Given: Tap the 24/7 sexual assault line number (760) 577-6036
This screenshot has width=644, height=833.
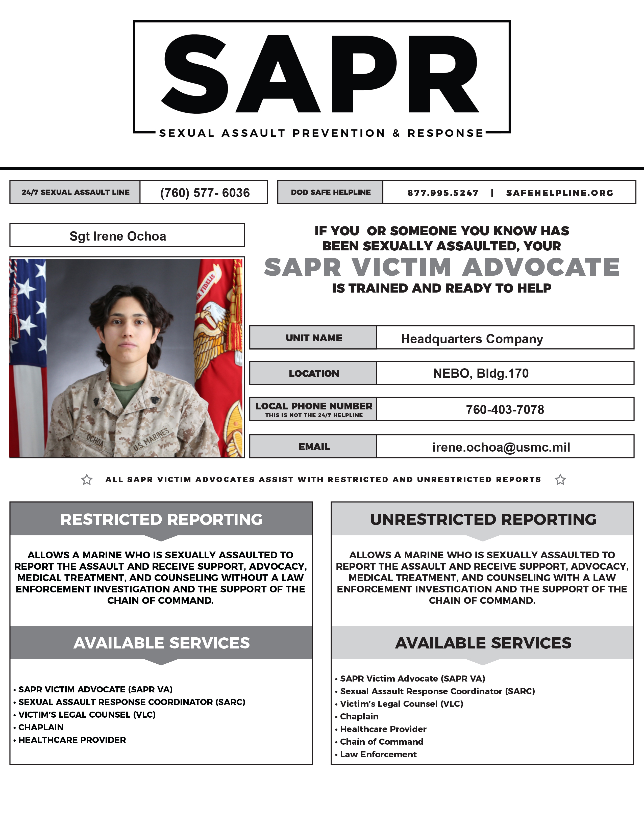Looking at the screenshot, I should (x=205, y=193).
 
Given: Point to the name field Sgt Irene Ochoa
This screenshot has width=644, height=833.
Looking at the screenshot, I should (x=118, y=236).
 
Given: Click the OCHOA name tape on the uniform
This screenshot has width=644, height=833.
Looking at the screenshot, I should (x=95, y=440).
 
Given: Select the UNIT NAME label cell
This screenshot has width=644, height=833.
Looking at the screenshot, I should (x=314, y=338).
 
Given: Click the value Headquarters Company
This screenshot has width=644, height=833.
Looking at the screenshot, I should (x=472, y=339).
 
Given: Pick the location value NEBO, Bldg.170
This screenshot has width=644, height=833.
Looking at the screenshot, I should (x=481, y=373).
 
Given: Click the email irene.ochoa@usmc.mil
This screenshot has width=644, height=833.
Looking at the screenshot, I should (x=501, y=447).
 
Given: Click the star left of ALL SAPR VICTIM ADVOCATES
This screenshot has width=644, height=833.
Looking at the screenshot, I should (x=87, y=479).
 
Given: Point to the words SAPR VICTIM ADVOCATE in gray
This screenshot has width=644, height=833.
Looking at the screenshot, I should (x=441, y=267).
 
